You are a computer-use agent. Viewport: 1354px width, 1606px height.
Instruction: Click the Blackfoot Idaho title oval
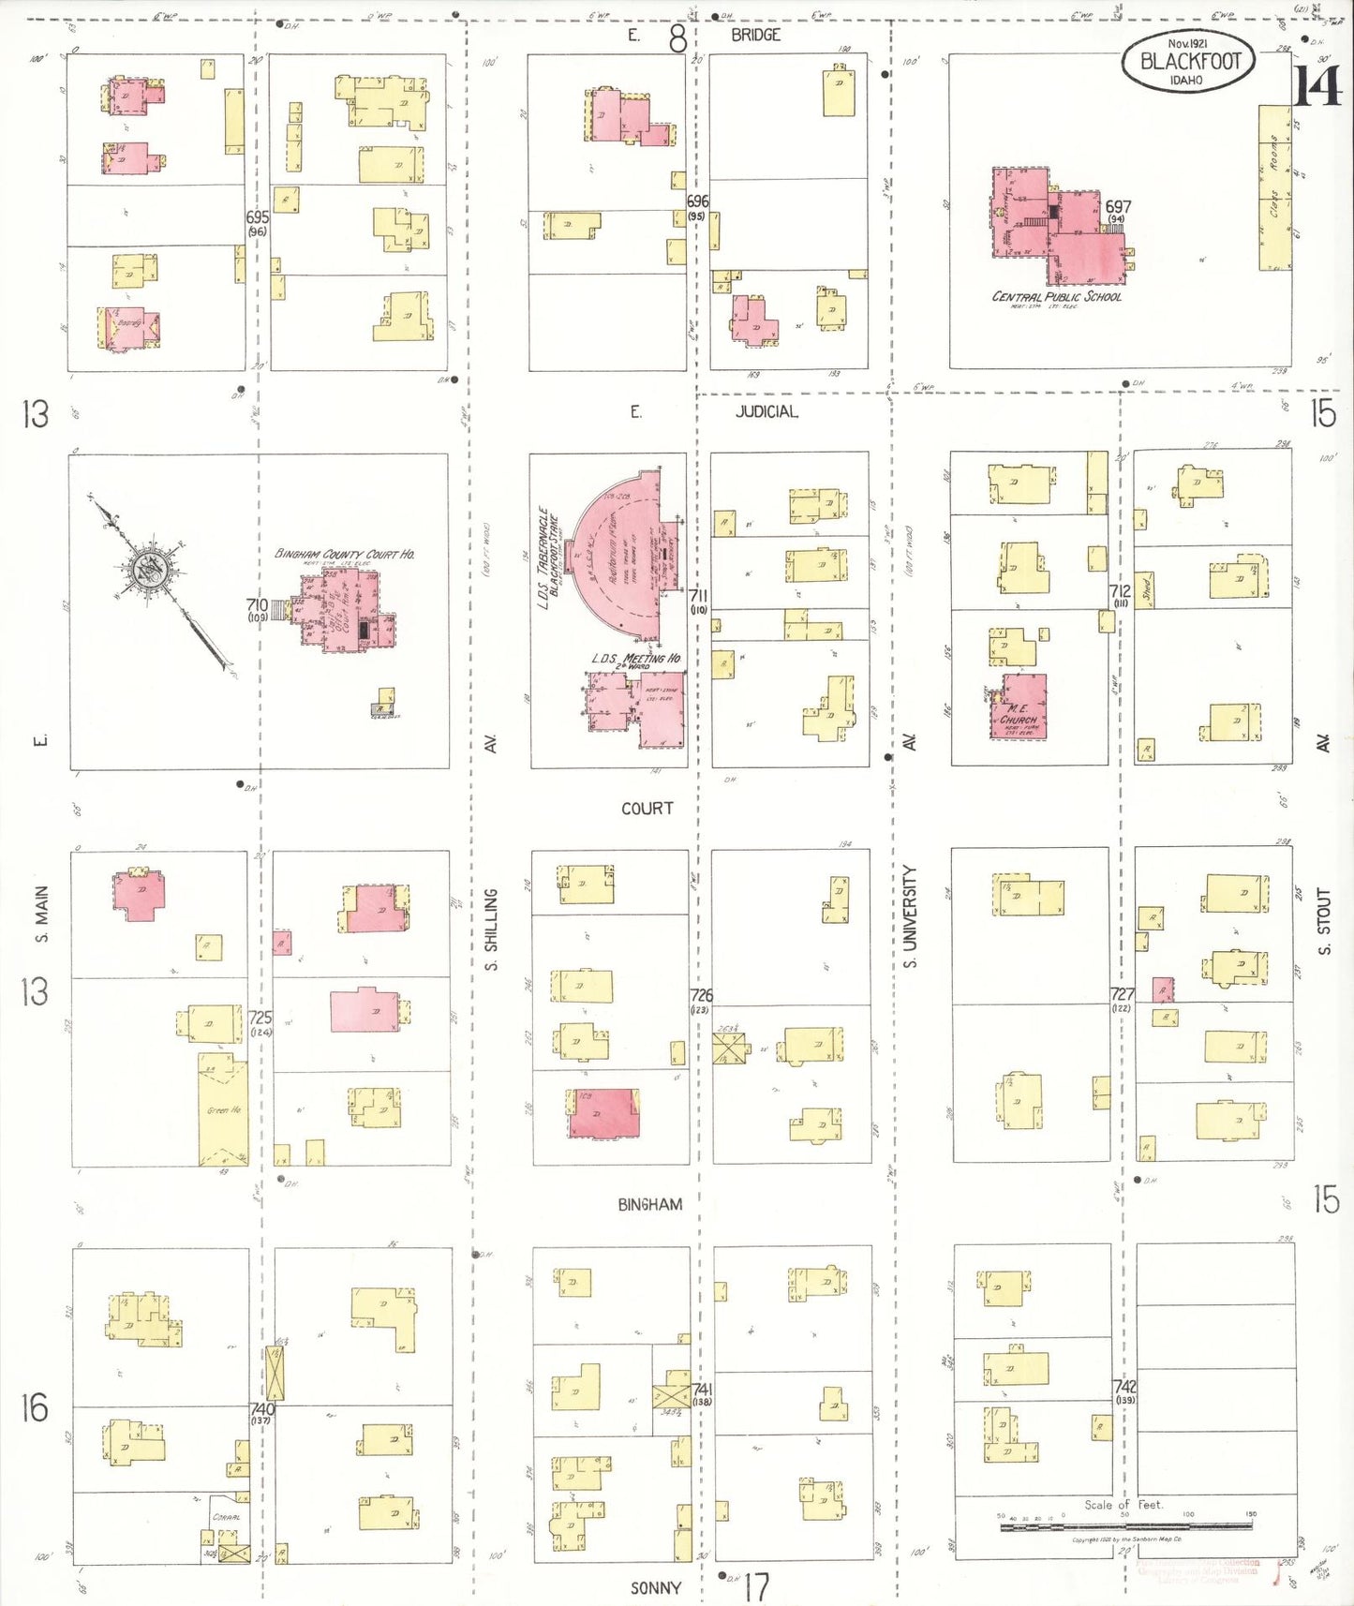click(x=1188, y=62)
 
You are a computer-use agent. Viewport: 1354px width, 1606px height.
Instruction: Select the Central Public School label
click(x=1056, y=297)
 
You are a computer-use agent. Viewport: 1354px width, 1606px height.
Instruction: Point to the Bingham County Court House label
click(x=344, y=554)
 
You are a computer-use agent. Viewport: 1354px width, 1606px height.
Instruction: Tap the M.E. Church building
click(x=1019, y=706)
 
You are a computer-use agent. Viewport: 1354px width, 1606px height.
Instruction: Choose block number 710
click(x=257, y=606)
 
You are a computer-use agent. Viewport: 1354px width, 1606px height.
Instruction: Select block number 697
click(x=1118, y=207)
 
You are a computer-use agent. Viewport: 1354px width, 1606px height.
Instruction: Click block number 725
click(x=260, y=1018)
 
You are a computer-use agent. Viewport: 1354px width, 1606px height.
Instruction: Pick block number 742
click(x=1124, y=1387)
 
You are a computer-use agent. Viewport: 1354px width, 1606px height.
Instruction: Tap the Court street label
click(x=647, y=808)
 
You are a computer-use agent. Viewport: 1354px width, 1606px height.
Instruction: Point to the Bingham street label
click(x=649, y=1204)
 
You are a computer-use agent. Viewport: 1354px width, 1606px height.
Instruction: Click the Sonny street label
click(x=655, y=1588)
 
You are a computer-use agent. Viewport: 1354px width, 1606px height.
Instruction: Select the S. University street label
click(x=910, y=916)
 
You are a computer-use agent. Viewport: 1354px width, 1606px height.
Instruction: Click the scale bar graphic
click(x=1125, y=1526)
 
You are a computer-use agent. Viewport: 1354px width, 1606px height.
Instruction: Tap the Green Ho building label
click(x=224, y=1110)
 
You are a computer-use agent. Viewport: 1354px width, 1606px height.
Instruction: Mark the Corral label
click(x=226, y=1517)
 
